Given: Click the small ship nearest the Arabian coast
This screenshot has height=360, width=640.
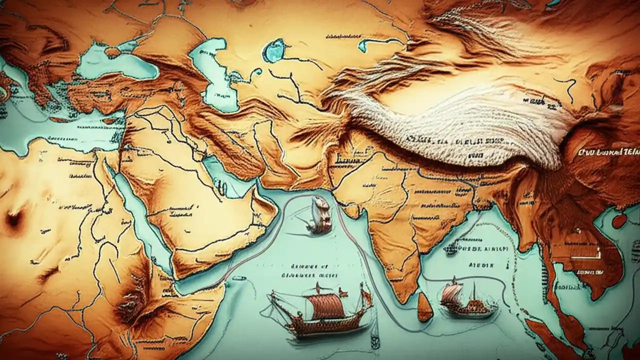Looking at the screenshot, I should click(x=319, y=215).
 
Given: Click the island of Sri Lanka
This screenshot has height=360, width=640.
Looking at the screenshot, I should click(x=425, y=307).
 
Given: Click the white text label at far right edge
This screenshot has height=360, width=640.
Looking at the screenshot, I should click(x=607, y=151).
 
